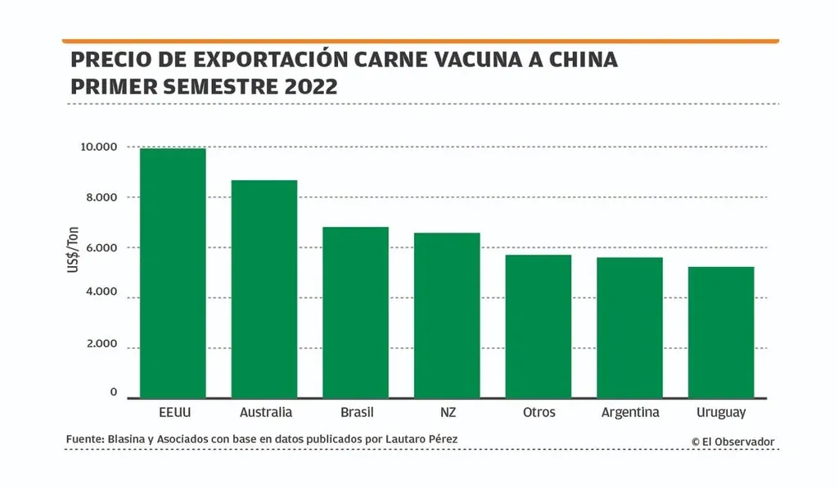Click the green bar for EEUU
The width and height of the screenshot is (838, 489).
pos(173,273)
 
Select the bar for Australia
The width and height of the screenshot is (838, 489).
pos(264,288)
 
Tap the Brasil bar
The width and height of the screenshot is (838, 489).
pos(355,312)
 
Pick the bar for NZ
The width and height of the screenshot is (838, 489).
pos(447,315)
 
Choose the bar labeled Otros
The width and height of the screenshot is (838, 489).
pos(538,326)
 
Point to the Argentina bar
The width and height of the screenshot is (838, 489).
pos(629,327)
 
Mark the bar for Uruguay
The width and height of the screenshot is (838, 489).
pos(720,332)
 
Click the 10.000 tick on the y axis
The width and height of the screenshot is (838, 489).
pos(100,147)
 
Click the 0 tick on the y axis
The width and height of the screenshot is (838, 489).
pos(114,393)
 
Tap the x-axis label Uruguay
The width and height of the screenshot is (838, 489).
pos(720,412)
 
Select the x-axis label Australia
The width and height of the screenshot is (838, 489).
pos(266,412)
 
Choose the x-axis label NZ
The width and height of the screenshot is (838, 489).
pos(447,412)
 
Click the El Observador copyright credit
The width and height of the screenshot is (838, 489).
pos(732,441)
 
